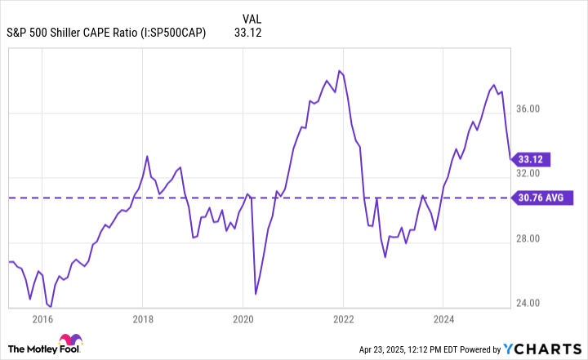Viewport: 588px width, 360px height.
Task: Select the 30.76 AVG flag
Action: (545, 198)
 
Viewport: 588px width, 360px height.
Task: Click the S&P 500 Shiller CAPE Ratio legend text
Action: (106, 33)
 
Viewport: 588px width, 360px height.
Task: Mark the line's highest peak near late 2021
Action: (340, 71)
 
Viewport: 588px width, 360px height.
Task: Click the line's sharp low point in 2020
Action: (256, 293)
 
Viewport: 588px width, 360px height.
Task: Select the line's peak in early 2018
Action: (147, 156)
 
